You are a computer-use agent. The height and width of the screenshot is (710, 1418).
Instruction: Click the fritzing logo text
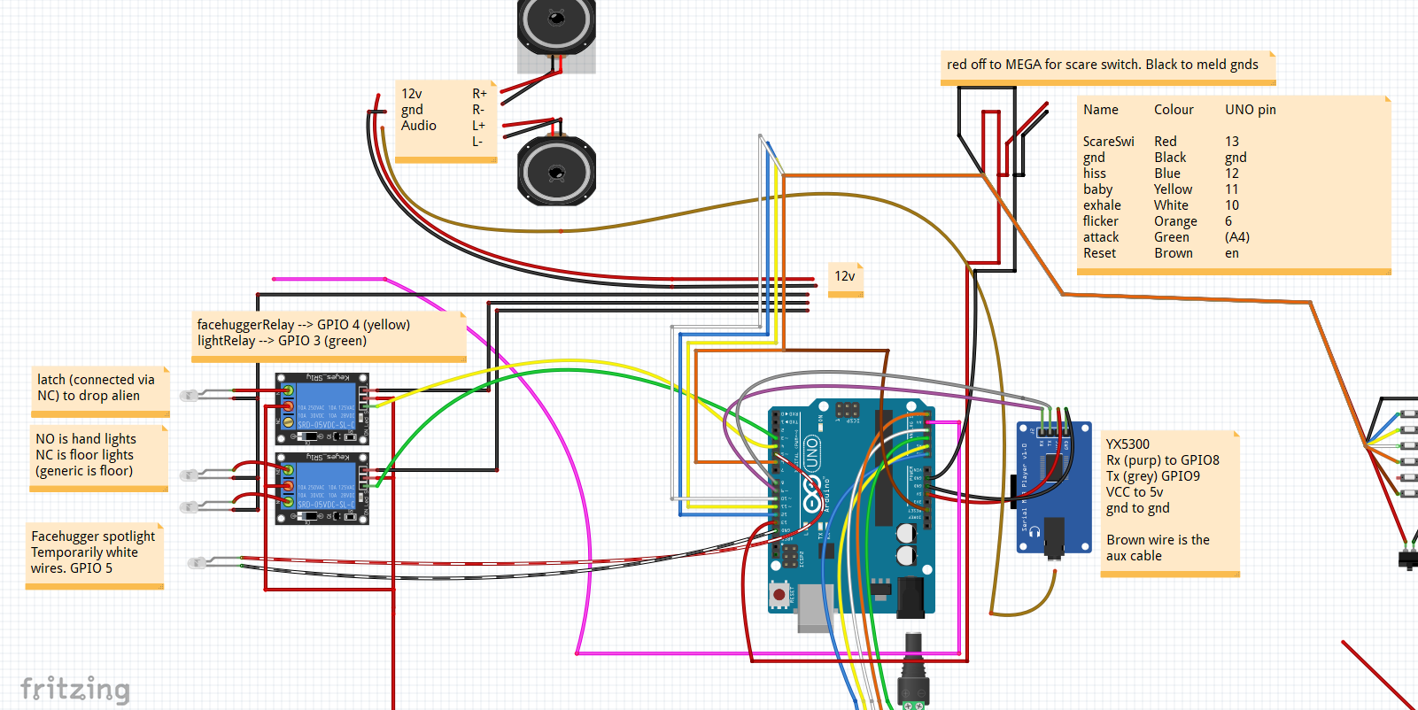point(75,689)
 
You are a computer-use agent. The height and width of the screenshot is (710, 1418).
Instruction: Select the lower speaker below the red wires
point(556,171)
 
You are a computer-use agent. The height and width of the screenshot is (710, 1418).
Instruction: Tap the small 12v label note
point(845,276)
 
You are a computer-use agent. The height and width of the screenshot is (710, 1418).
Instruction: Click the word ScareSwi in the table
point(1108,142)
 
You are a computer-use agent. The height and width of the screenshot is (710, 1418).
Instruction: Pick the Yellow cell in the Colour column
point(1173,189)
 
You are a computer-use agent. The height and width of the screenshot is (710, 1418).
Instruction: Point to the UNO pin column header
point(1250,110)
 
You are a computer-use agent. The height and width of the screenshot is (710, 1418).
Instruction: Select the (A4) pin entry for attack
point(1237,237)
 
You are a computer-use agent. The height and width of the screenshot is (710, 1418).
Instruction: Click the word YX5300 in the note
point(1127,444)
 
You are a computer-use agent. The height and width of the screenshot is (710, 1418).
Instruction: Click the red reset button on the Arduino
point(779,594)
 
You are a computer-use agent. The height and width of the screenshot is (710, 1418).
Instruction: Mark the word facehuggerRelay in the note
point(245,325)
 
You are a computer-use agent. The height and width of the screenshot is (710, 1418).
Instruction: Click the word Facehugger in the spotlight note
point(65,536)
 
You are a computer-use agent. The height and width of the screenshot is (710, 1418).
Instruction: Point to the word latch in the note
point(50,380)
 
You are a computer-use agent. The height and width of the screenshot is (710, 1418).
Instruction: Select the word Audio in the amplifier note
point(418,126)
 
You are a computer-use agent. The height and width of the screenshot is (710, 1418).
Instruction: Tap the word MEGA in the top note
point(1023,65)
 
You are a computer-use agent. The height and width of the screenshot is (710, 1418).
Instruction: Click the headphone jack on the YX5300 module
point(1053,538)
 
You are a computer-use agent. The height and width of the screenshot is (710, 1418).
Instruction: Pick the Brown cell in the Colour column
point(1173,253)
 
